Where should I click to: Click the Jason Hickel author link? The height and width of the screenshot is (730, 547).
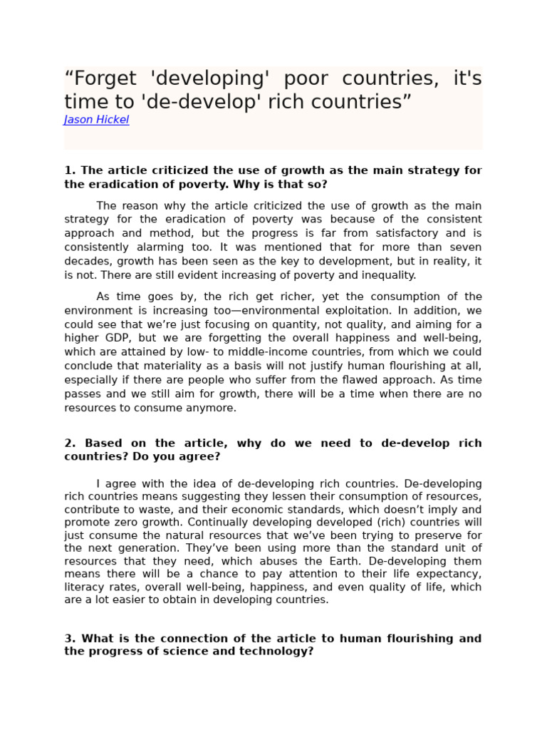pos(96,120)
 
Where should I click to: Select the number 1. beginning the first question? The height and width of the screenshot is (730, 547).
pos(70,170)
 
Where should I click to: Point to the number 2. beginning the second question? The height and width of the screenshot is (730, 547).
pos(70,443)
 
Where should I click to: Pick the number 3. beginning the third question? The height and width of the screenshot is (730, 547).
pos(70,638)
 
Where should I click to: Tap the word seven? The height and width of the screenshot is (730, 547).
pos(465,247)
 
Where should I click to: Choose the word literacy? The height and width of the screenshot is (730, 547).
pos(82,587)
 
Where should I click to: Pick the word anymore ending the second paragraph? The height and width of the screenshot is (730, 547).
pos(210,408)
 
